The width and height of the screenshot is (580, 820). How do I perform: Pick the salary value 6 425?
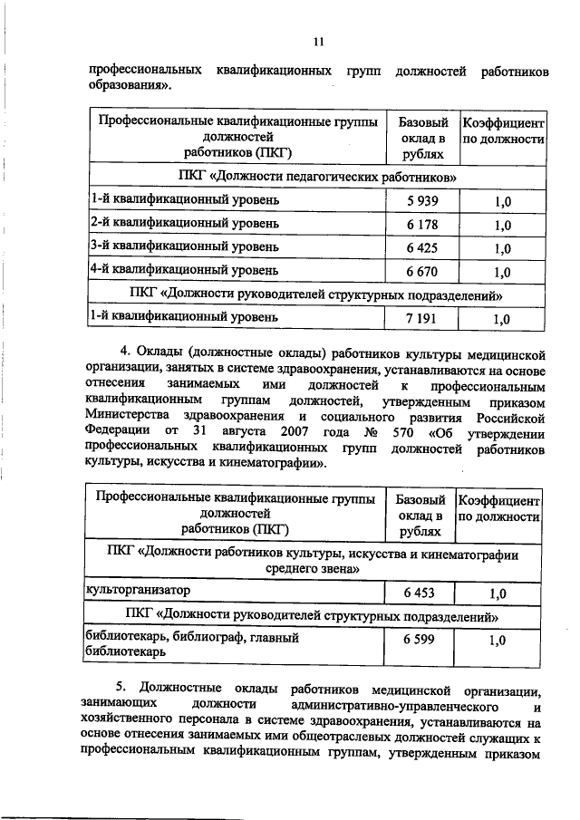[422, 247]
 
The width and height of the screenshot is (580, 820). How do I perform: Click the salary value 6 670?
[422, 271]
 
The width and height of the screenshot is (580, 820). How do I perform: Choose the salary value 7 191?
[422, 318]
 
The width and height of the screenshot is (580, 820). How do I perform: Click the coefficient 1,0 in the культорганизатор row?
[497, 593]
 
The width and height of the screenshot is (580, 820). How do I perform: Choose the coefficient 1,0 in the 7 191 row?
[501, 319]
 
